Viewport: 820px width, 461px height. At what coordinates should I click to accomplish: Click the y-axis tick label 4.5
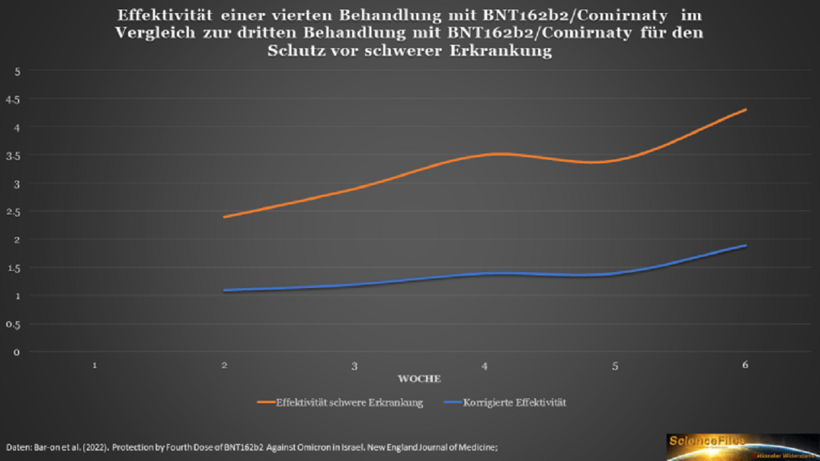click(x=13, y=99)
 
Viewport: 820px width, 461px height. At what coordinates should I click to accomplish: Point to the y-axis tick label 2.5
click(x=13, y=212)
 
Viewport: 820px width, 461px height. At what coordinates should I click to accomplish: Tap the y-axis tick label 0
click(x=17, y=352)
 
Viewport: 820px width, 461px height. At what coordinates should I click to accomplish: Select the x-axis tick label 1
click(x=94, y=365)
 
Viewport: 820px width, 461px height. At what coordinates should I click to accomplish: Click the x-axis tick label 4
click(x=485, y=366)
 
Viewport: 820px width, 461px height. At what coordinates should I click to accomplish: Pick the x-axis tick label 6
click(x=745, y=365)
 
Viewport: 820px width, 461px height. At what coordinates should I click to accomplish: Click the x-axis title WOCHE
click(x=419, y=378)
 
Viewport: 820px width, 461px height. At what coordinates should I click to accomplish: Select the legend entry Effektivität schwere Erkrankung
click(x=349, y=402)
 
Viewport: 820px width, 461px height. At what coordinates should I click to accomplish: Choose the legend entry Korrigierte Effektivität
click(x=514, y=402)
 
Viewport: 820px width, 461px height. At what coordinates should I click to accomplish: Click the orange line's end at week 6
click(x=745, y=110)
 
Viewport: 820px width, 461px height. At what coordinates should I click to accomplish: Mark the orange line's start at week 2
click(x=225, y=217)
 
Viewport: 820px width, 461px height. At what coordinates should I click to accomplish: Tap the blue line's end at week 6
click(x=745, y=246)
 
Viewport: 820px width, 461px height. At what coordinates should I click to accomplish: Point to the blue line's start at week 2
click(x=225, y=290)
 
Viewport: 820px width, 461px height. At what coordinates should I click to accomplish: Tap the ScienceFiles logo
click(x=742, y=447)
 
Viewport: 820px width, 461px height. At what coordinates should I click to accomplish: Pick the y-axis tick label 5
click(x=17, y=71)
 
